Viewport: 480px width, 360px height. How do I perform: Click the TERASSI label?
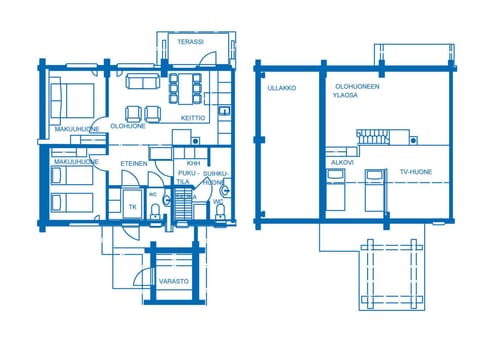pos(190,42)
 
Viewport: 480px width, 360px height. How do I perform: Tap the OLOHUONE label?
pos(128,127)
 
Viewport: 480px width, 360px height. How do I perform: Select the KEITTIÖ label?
pos(193,118)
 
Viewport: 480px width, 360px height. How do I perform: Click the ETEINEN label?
pos(134,163)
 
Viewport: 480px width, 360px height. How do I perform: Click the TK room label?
pos(132,207)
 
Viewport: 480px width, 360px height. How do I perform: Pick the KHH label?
pos(193,163)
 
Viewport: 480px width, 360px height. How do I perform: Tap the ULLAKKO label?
pos(282,88)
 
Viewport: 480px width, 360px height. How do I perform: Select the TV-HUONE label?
pos(415,172)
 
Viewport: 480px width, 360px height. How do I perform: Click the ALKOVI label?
pos(341,161)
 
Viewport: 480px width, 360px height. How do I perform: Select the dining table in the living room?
pos(186,87)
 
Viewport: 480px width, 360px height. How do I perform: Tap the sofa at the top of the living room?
pos(139,81)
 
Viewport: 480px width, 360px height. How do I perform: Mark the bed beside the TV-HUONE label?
pos(375,190)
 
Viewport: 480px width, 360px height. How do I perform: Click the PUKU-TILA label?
pos(185,177)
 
